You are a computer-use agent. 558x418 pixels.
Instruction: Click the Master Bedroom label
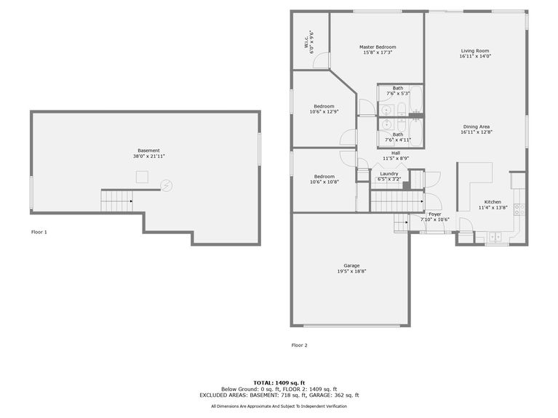pyautogui.click(x=377, y=47)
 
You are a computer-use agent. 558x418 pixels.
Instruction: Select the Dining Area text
pyautogui.click(x=477, y=126)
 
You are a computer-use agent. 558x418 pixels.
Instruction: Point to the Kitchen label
pyautogui.click(x=493, y=202)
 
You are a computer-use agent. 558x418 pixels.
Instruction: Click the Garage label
pyautogui.click(x=351, y=265)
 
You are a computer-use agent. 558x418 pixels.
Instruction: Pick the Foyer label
pyautogui.click(x=434, y=214)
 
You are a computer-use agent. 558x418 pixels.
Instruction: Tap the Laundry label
pyautogui.click(x=388, y=174)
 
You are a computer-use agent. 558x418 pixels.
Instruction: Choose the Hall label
pyautogui.click(x=395, y=153)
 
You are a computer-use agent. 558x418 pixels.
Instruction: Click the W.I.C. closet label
pyautogui.click(x=306, y=43)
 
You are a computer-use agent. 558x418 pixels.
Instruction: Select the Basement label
pyautogui.click(x=148, y=150)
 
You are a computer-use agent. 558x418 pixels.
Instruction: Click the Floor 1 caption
pyautogui.click(x=39, y=232)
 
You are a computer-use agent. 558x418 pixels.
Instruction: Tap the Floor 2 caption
pyautogui.click(x=300, y=345)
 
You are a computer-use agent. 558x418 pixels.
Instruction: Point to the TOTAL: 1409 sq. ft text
pyautogui.click(x=279, y=382)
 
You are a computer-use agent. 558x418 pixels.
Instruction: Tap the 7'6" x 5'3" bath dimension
pyautogui.click(x=398, y=93)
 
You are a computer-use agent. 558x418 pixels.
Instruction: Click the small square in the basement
pyautogui.click(x=143, y=176)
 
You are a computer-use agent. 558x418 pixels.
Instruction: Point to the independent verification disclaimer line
pyautogui.click(x=279, y=406)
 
